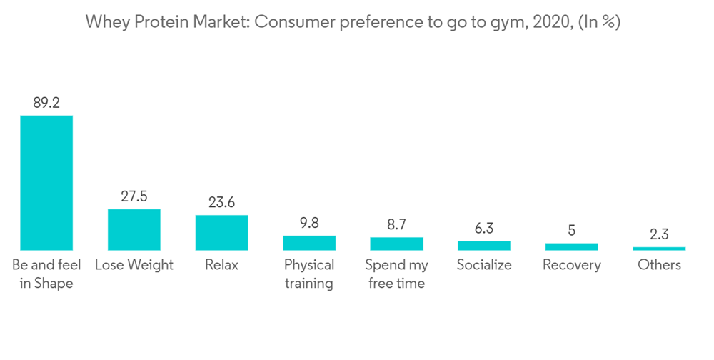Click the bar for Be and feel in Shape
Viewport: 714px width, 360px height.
(x=46, y=182)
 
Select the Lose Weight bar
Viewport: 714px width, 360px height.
(x=134, y=229)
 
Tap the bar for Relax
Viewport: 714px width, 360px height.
(x=221, y=232)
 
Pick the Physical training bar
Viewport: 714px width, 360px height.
(x=309, y=243)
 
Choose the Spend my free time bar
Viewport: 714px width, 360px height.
(x=396, y=244)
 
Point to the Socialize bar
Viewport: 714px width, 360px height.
(x=484, y=246)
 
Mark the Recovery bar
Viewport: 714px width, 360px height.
(x=571, y=246)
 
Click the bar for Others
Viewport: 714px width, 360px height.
(x=659, y=249)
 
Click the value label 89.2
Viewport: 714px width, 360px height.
(x=46, y=103)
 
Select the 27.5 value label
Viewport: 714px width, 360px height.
(x=134, y=196)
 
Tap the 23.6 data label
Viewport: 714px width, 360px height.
(x=221, y=202)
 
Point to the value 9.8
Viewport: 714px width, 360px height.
(x=309, y=223)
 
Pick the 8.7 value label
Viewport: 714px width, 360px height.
(x=396, y=224)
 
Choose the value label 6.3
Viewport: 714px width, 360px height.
(x=484, y=229)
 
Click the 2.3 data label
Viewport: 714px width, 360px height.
(x=659, y=234)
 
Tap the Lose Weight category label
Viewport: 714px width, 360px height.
(x=134, y=265)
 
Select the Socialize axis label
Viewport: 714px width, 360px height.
(x=484, y=265)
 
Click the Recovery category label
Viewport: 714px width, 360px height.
(x=571, y=265)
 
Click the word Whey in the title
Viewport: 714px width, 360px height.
(x=104, y=21)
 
